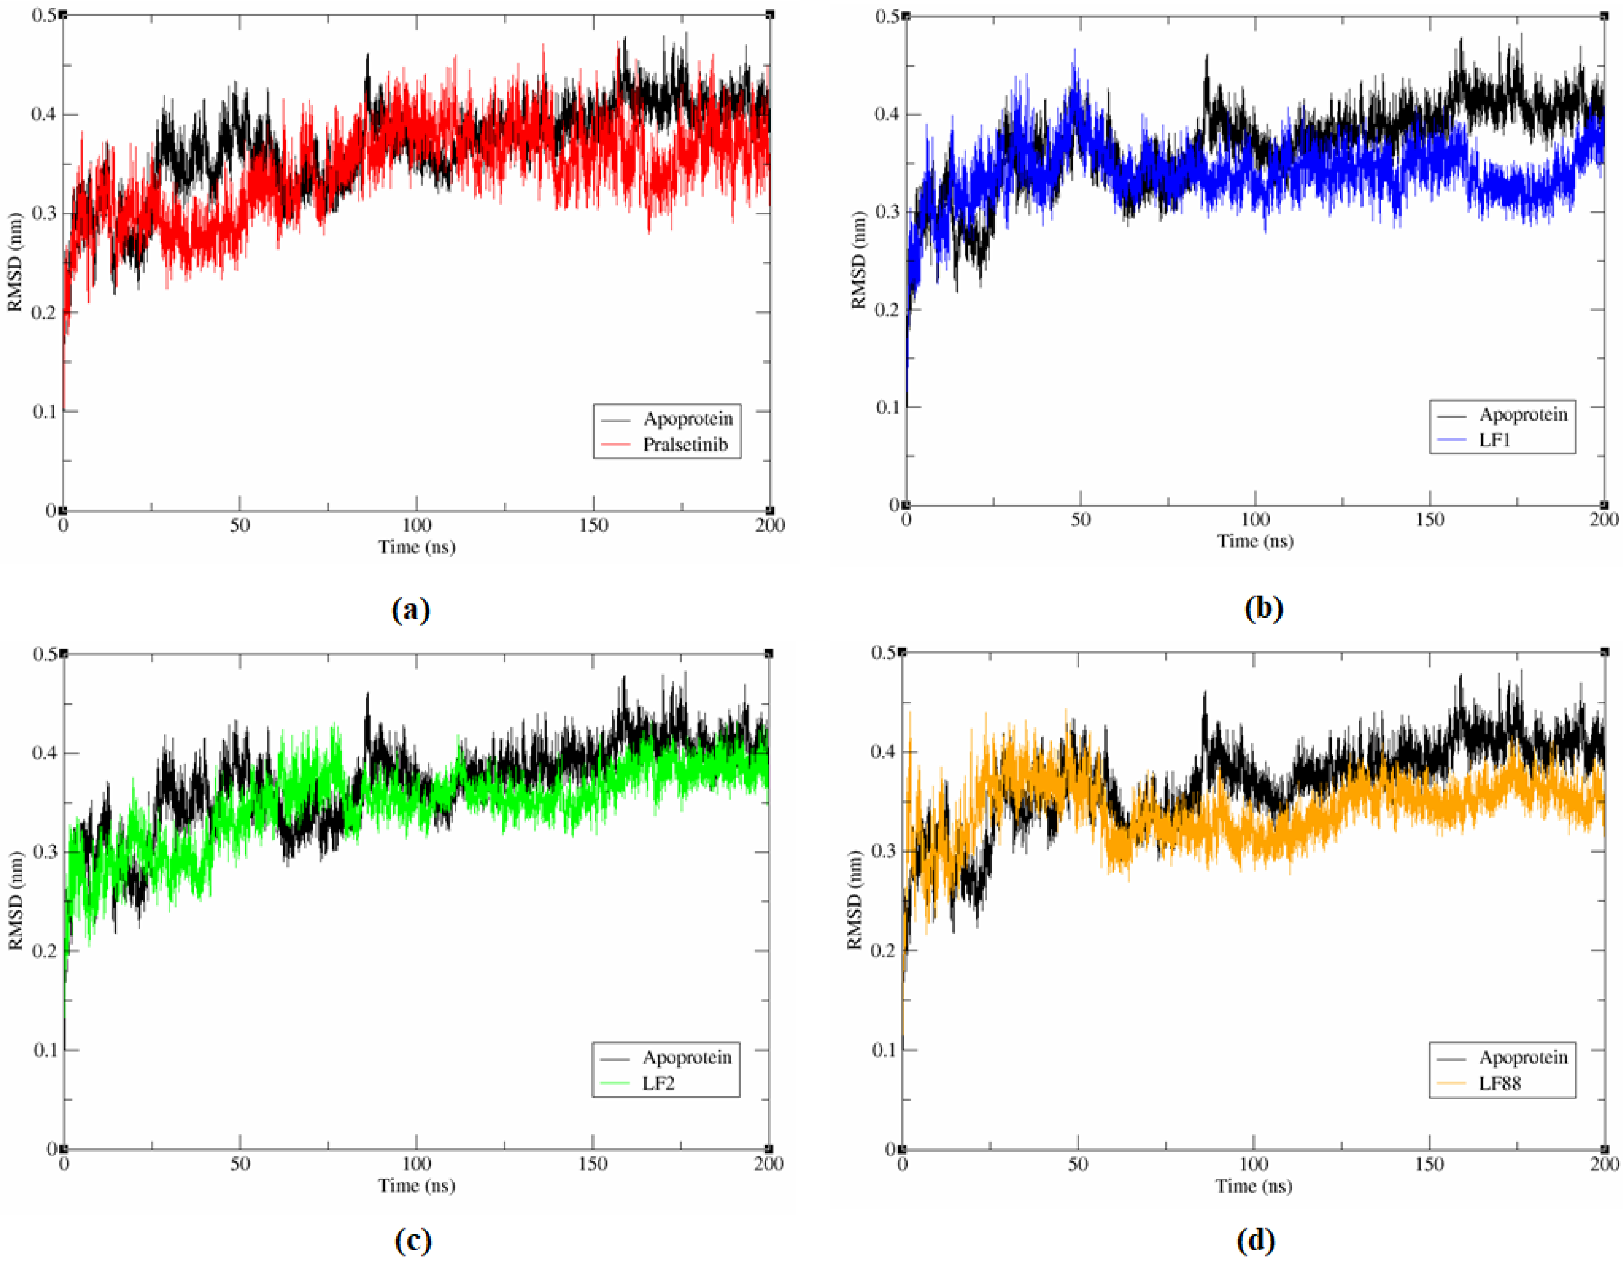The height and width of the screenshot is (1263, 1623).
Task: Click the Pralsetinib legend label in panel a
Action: coord(685,444)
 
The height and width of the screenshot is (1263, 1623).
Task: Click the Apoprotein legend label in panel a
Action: coord(688,418)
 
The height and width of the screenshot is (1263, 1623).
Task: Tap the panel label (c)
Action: coord(411,1240)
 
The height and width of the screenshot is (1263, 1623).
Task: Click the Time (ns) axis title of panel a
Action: coord(416,547)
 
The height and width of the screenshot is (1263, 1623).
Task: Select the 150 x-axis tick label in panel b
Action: coord(1429,519)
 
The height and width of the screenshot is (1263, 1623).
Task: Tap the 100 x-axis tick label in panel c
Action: coord(416,1164)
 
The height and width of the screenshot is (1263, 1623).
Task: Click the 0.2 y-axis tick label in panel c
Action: coord(45,951)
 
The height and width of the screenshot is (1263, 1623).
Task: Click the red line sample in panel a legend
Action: coord(615,445)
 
